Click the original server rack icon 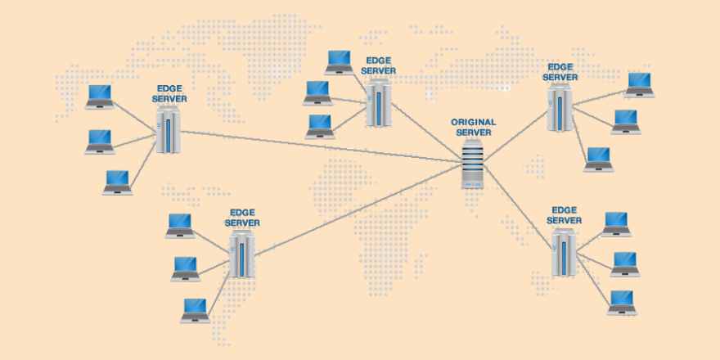pos(474,164)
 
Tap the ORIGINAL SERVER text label pos(474,127)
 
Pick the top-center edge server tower pos(379,105)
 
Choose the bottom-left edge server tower pos(241,254)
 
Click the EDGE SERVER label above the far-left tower pos(170,93)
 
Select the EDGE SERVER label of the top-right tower pos(561,72)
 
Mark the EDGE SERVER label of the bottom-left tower pos(242,217)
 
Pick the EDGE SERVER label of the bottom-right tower pos(565,215)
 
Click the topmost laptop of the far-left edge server pos(100,97)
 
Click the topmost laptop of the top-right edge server pos(640,84)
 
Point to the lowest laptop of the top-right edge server pos(598,159)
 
